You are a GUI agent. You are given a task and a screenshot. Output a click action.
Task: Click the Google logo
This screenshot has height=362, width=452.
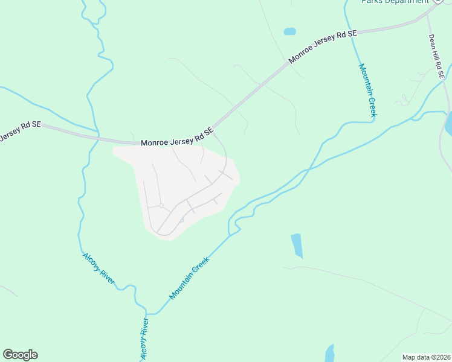coord(20,354)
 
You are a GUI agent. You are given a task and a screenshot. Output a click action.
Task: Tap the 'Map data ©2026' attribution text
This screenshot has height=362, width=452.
coord(425,357)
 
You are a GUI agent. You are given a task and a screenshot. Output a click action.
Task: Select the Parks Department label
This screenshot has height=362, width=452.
coord(395,2)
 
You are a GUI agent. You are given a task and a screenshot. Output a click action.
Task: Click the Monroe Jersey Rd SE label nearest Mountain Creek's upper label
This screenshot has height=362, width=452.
coord(322,47)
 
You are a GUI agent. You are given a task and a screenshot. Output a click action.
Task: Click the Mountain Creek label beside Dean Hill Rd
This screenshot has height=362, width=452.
coord(368,90)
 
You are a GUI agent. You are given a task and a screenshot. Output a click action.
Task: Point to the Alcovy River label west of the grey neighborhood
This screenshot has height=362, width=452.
coord(98,269)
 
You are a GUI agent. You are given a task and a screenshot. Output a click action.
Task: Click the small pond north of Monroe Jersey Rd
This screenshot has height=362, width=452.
coord(289,31)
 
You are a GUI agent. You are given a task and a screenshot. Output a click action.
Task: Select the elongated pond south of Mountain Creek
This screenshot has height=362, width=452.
coord(297,246)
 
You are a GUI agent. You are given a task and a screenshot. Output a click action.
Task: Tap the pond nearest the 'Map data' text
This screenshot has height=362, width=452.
coord(329,353)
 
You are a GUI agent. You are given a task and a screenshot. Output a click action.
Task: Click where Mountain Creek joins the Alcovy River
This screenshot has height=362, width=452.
coord(147,314)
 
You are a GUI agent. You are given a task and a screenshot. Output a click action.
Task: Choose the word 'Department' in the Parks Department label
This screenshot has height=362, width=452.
coord(408,2)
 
